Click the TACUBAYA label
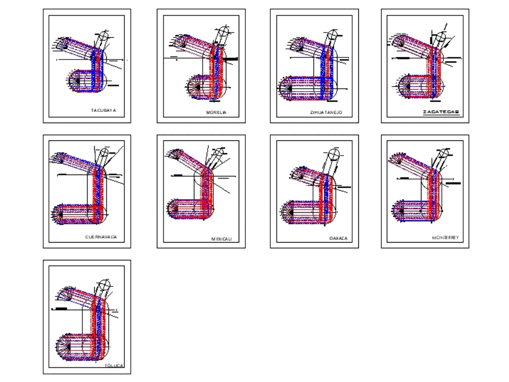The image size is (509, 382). pos(103,110)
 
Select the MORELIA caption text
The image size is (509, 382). pos(216,112)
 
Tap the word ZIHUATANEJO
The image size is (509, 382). pos(326,112)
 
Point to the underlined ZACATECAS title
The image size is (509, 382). pos(441,112)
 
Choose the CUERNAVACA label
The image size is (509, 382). pos(101,237)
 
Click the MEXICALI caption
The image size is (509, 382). pos(221,239)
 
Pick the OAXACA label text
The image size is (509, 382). pos(338,238)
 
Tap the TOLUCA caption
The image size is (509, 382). pos(114,365)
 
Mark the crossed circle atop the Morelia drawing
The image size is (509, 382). pos(222,33)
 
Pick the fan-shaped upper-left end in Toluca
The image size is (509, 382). pos(64,294)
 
